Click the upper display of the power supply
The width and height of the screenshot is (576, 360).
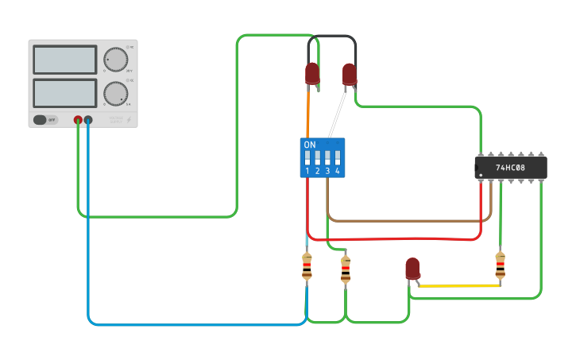point(65,60)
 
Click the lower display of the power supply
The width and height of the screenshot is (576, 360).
point(65,93)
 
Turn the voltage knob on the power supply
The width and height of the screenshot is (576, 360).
point(115,60)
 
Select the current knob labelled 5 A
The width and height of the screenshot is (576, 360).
point(115,94)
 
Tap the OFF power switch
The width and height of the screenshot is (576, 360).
point(45,120)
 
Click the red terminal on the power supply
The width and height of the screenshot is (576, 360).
point(78,120)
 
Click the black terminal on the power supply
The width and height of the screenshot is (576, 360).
point(88,120)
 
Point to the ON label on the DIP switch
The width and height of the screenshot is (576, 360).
point(310,145)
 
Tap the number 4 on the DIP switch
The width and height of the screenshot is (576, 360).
point(338,171)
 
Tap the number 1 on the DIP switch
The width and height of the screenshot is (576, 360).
point(307,171)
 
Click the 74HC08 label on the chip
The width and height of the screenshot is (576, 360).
point(511,168)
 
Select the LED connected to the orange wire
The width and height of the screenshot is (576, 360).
point(312,74)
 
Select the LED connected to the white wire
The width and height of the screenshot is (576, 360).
point(349,75)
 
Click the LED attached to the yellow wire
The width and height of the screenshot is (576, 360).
point(412,269)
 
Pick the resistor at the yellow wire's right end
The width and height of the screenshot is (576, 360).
point(500,265)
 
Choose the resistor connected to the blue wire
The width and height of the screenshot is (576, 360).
point(307,266)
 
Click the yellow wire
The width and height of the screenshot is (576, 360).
point(457,285)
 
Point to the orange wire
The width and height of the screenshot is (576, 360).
point(308,111)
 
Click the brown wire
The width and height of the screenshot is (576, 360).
point(405,220)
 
